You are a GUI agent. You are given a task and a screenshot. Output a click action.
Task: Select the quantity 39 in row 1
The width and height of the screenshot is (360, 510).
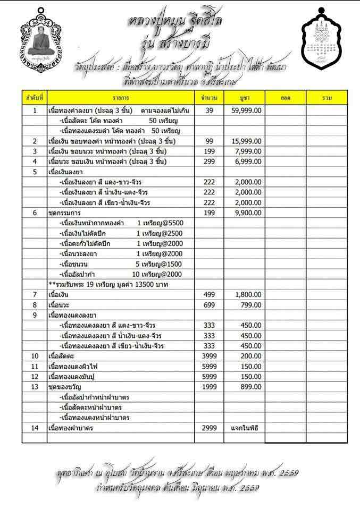[x=209, y=110]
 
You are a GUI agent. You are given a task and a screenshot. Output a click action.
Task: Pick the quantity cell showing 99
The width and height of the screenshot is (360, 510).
[x=209, y=141]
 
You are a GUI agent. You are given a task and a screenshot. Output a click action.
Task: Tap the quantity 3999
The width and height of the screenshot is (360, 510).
[x=209, y=355]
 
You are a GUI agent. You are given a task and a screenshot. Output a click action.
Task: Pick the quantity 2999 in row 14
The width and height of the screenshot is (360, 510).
[x=209, y=428]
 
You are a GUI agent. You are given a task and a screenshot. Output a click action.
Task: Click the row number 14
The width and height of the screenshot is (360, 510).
[x=35, y=428]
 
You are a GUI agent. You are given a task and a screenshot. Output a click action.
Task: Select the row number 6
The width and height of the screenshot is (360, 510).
[x=35, y=212]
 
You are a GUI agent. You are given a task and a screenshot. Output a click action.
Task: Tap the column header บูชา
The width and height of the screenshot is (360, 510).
[x=245, y=98]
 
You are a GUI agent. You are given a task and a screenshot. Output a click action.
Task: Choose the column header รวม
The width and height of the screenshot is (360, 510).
[x=327, y=98]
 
